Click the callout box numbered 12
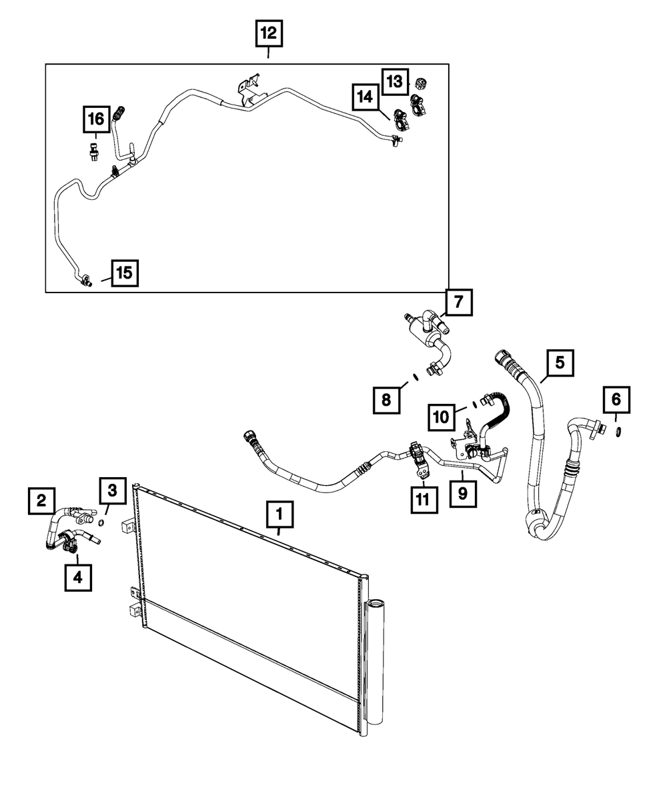tap(269, 34)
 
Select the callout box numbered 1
tap(279, 514)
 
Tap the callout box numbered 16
tap(96, 119)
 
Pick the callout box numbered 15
tap(125, 273)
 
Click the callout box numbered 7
tap(459, 303)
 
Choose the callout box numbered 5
tap(560, 363)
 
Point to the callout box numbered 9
tap(463, 494)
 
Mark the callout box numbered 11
tap(424, 500)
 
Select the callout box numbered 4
tap(78, 577)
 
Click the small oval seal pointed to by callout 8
tap(415, 377)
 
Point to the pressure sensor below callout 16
tap(93, 151)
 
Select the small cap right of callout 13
tap(420, 83)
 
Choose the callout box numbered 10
tap(442, 417)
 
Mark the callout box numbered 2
tap(41, 501)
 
